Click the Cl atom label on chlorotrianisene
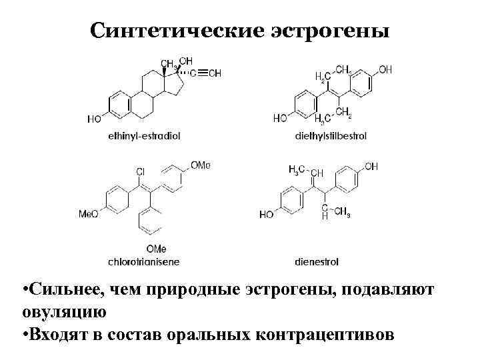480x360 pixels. coord(141,173)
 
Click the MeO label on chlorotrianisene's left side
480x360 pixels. coord(89,214)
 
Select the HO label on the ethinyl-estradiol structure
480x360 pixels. coord(95,119)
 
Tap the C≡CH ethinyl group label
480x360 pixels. coord(207,73)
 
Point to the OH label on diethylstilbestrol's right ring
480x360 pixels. coord(385,69)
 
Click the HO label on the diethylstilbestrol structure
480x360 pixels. coord(281,119)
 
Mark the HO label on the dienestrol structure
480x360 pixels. coord(267,215)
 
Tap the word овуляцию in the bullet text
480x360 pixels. coord(63,310)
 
